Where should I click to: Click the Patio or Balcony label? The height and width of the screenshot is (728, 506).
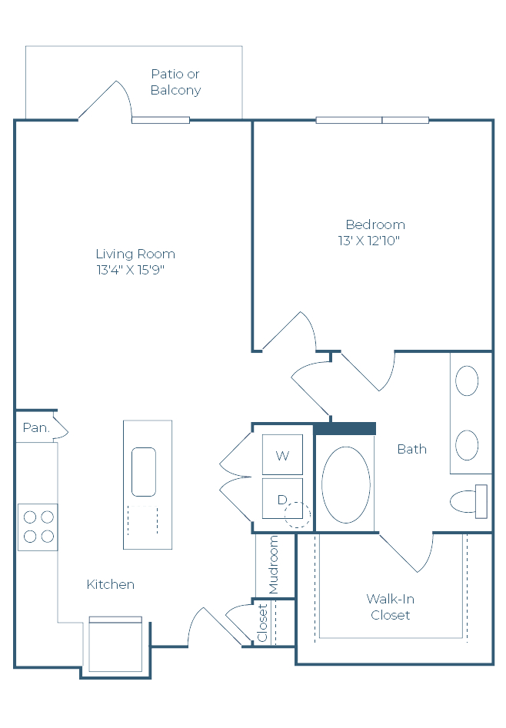(175, 81)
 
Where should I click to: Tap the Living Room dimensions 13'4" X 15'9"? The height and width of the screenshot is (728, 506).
(131, 270)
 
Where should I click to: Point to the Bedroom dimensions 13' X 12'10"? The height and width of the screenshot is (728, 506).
(369, 241)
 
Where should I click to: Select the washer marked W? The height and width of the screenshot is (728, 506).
(282, 454)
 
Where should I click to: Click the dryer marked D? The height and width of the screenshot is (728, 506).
(282, 498)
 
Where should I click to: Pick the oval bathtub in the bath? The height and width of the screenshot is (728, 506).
(346, 484)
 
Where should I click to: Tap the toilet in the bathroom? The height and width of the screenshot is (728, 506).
(469, 501)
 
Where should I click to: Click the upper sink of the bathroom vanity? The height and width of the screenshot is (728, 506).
(467, 381)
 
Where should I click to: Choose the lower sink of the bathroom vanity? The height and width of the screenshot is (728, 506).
(467, 445)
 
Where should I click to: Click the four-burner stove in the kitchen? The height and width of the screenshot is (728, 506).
(38, 527)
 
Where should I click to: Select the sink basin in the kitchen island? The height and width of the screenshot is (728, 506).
(144, 472)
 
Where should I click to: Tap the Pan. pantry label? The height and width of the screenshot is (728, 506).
(36, 427)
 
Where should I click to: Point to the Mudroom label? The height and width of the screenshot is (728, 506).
(273, 564)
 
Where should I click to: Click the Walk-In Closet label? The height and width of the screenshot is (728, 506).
(391, 607)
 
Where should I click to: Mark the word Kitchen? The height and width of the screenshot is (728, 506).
(111, 584)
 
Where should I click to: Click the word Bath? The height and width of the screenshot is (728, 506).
(411, 449)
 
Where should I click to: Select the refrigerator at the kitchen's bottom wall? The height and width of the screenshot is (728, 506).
(115, 644)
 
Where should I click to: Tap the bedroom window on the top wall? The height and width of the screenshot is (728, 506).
(372, 120)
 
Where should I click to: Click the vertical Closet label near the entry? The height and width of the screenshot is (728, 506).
(262, 623)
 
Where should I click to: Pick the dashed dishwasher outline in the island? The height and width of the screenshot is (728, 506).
(142, 520)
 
